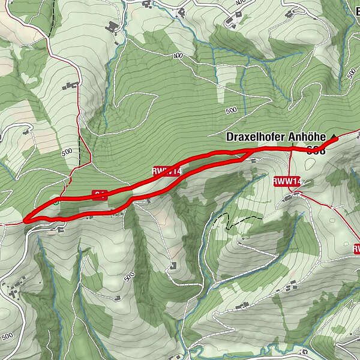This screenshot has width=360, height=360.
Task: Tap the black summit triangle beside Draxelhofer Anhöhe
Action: tap(334, 137)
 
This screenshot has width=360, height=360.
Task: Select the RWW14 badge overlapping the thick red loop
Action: tap(167, 171)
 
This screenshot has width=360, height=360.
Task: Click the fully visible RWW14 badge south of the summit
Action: tap(287, 181)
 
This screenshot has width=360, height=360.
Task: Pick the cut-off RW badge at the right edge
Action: tap(356, 248)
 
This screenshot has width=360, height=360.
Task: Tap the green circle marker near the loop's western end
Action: tap(56, 202)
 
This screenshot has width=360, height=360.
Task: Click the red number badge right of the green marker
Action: tap(100, 193)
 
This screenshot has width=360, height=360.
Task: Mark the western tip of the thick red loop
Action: tap(26, 221)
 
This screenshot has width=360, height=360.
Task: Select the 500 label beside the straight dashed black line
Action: tap(66, 152)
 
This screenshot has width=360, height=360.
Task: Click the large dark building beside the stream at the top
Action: tap(111, 27)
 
